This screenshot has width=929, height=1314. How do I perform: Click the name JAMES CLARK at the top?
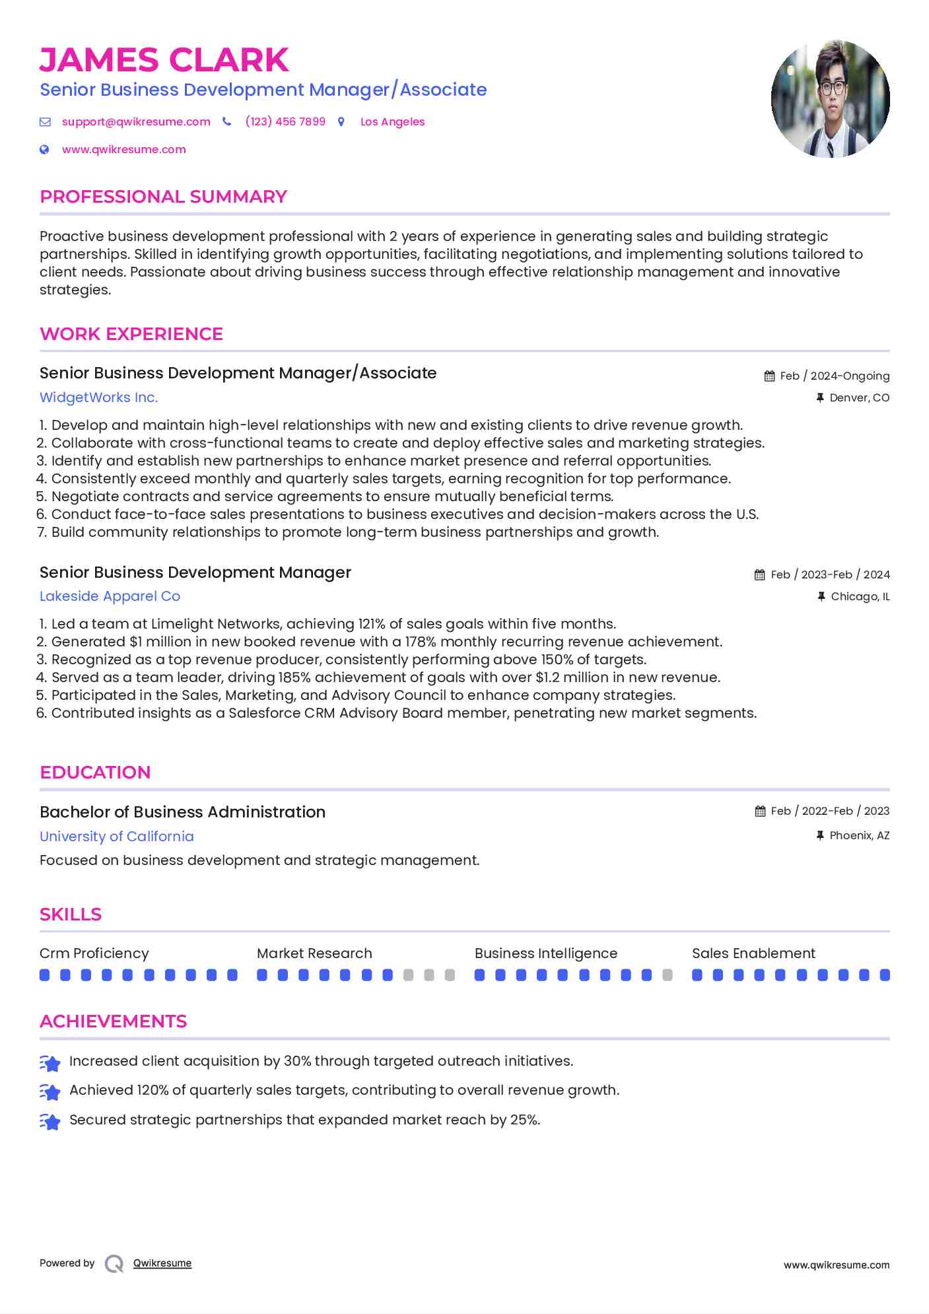coord(164,60)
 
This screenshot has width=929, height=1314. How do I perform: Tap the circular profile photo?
coord(830,99)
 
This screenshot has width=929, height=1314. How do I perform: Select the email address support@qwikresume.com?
coord(136,121)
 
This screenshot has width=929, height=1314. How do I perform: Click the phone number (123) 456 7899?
coord(285,121)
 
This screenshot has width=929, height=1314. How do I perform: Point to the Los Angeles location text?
coord(392,121)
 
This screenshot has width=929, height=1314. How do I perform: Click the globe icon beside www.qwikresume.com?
coord(44,150)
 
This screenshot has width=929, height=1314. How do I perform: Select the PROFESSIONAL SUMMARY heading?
coord(163,197)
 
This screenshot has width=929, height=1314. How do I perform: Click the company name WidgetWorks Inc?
coord(98,398)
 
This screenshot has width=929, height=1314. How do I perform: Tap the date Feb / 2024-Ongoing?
coord(835,376)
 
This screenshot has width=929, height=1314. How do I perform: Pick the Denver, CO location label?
coord(859,398)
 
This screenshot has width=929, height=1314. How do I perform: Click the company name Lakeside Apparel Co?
coord(110,596)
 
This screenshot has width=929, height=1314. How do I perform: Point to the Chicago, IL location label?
coord(860,596)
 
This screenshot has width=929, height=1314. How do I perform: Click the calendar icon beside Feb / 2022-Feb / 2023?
coord(761,812)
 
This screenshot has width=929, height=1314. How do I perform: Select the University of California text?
coord(116,837)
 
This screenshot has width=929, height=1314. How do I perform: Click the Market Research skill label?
coord(314,953)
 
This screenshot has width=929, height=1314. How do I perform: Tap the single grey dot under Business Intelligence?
coord(668,975)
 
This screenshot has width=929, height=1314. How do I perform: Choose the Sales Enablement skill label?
coord(753,953)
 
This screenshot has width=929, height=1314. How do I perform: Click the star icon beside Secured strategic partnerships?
coord(50,1121)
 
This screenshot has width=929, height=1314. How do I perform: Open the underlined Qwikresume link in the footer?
coord(162,1263)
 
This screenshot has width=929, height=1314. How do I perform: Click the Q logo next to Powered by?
coord(114,1264)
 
